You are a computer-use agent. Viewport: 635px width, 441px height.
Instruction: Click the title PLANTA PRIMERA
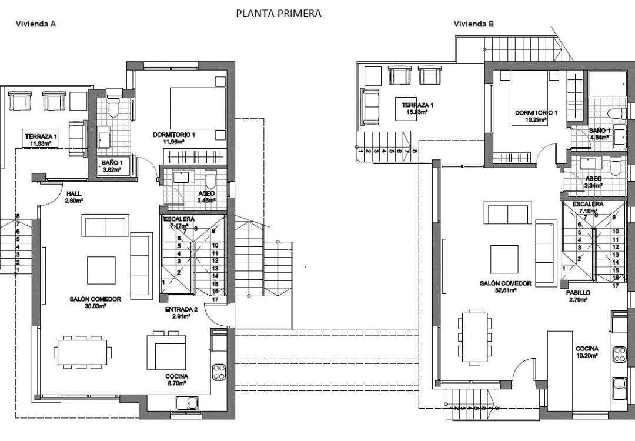click(x=279, y=14)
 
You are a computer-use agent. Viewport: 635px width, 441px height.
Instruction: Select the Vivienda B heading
click(x=473, y=24)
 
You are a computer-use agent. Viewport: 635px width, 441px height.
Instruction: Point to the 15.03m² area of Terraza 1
click(x=415, y=111)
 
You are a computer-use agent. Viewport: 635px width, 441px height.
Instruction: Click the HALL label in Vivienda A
click(x=73, y=193)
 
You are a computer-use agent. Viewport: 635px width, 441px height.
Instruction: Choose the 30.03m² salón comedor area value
click(x=94, y=306)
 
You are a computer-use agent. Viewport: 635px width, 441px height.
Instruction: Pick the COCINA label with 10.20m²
click(x=587, y=348)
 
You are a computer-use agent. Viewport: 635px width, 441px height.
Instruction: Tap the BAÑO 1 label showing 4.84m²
click(x=600, y=131)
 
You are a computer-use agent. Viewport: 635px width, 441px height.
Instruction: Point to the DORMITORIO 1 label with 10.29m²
click(x=536, y=112)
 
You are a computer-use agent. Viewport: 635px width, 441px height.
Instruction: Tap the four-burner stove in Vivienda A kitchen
click(x=219, y=372)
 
